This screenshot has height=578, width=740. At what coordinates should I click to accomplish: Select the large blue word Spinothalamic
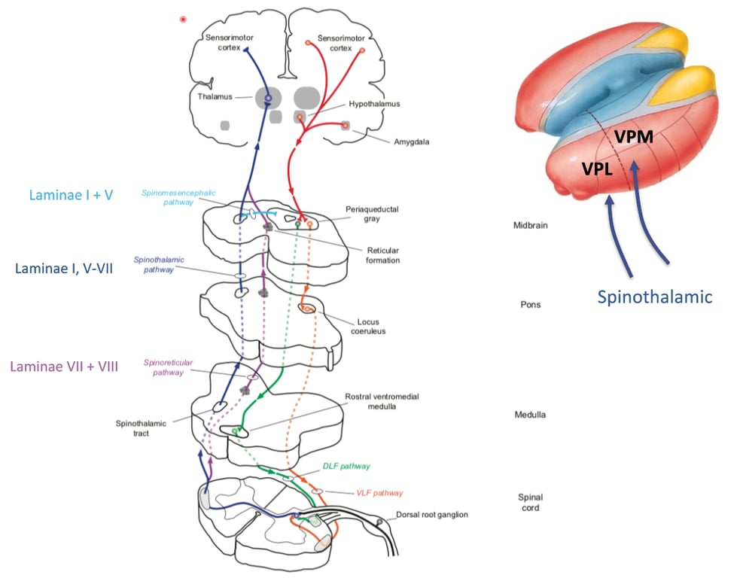[x=654, y=297]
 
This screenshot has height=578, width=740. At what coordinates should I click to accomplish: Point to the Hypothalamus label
[x=374, y=105]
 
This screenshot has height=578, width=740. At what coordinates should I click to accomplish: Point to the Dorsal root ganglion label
[x=432, y=515]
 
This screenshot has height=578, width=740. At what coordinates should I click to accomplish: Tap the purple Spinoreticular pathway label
[x=165, y=367]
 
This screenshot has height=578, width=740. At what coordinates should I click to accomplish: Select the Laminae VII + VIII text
[x=64, y=367]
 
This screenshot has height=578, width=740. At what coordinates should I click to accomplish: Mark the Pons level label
[x=531, y=305]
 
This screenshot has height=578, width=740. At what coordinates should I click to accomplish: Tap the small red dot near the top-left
[x=183, y=19]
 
